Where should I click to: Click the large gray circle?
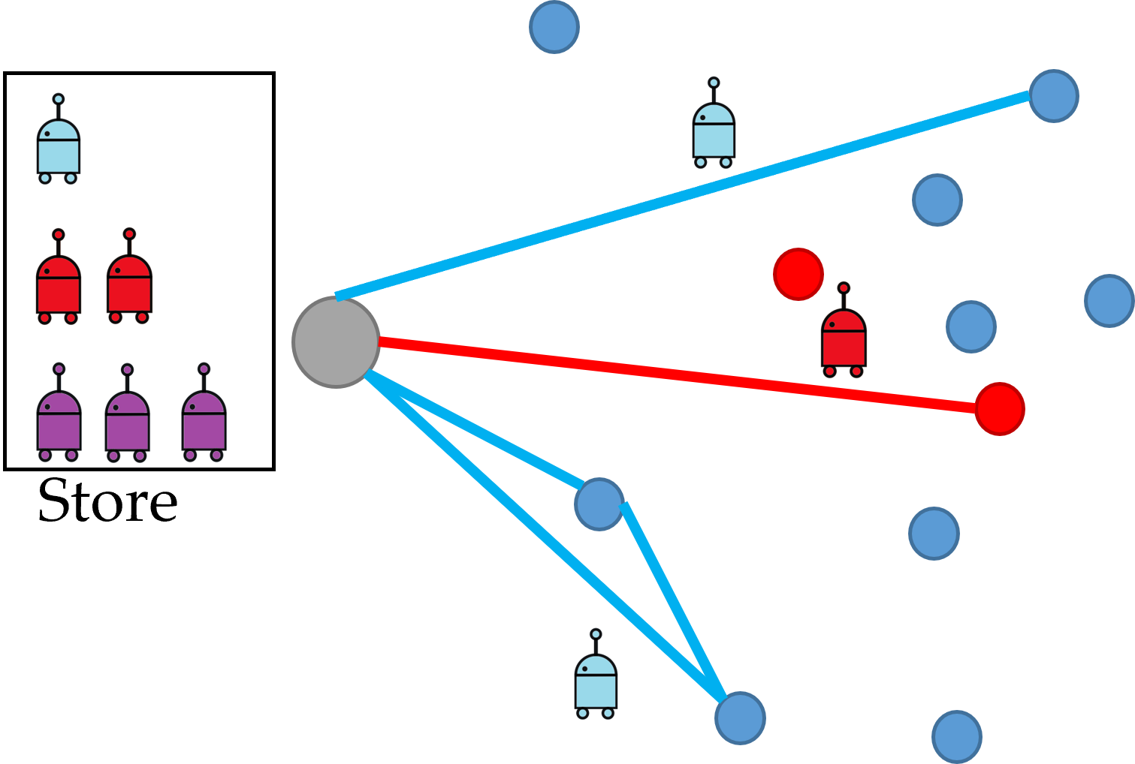click(x=336, y=342)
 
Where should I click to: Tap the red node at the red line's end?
click(x=1000, y=409)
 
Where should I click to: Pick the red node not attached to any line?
click(x=798, y=275)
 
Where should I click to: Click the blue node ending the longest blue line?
click(x=1054, y=96)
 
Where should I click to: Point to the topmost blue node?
click(x=554, y=27)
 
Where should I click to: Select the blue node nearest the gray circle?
click(x=599, y=504)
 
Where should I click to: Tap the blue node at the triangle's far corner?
click(x=740, y=718)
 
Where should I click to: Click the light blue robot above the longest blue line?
click(x=713, y=124)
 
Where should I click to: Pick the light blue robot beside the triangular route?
click(x=596, y=675)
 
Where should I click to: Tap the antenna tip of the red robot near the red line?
click(x=844, y=288)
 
